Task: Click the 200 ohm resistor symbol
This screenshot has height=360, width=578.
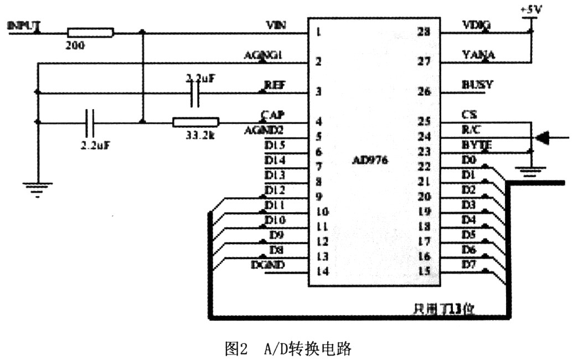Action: point(90,33)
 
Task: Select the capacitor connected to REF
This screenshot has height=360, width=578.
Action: point(194,94)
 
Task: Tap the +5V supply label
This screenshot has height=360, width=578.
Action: point(531,10)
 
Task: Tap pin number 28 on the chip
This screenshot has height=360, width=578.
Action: point(425,32)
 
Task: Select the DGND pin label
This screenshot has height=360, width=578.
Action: point(268,265)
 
